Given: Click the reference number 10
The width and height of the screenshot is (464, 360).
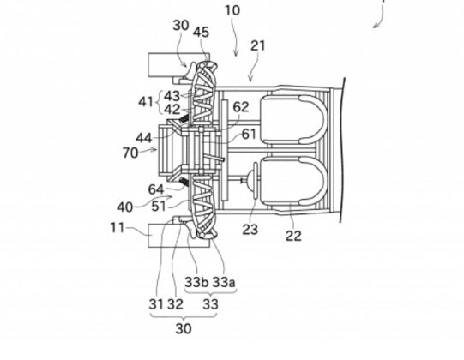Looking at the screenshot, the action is (232, 10).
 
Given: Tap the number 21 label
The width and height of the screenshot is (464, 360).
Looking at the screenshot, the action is (258, 45).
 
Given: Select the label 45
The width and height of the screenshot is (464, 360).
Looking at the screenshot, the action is (202, 33).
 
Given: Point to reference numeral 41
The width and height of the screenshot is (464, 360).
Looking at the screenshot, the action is (146, 102).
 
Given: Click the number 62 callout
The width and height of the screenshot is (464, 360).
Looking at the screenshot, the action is (241, 107).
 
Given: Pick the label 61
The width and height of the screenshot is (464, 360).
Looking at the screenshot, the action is (249, 134).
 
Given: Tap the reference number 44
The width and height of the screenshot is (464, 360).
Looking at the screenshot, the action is (144, 138).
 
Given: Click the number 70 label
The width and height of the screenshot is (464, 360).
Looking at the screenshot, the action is (130, 153).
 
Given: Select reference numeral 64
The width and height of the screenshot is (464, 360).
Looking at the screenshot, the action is (156, 189).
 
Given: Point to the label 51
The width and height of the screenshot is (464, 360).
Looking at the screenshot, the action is (159, 206).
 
